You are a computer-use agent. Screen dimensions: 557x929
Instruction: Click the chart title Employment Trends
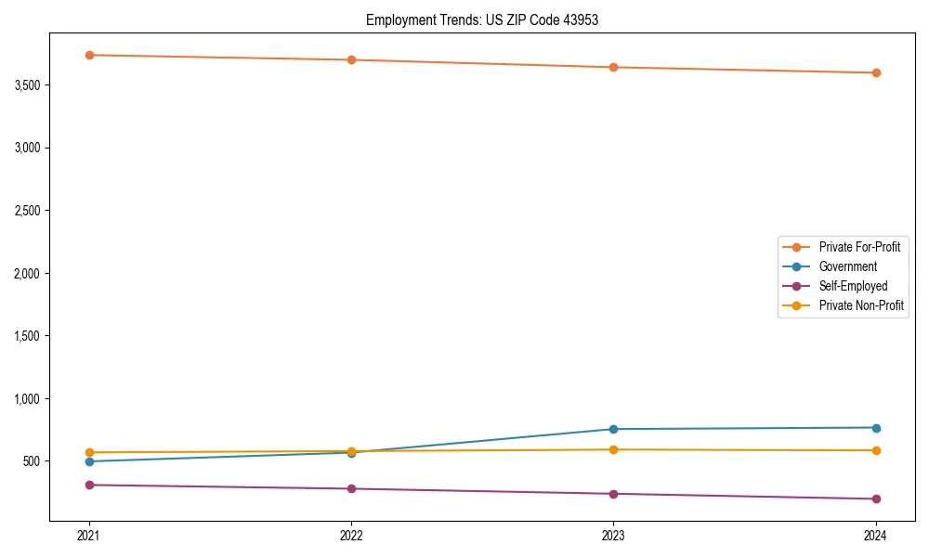click(x=481, y=19)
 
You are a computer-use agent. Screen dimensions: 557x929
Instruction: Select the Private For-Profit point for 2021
click(x=89, y=55)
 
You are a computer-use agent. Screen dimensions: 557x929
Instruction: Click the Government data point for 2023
click(x=613, y=429)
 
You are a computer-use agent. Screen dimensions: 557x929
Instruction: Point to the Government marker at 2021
click(x=89, y=461)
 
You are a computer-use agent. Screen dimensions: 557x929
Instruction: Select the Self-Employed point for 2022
click(x=351, y=488)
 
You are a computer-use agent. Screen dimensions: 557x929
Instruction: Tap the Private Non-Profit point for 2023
click(x=613, y=449)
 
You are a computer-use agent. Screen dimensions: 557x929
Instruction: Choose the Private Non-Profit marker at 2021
click(x=89, y=452)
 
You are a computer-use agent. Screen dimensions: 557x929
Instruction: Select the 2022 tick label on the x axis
click(x=351, y=535)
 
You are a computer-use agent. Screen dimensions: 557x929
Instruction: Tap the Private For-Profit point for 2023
click(x=613, y=67)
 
